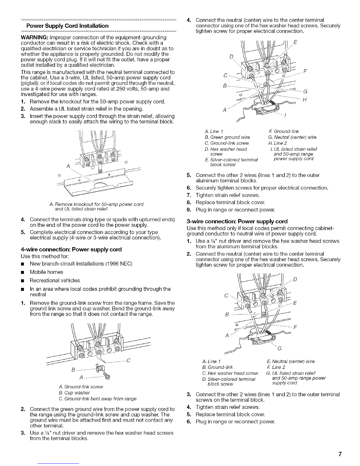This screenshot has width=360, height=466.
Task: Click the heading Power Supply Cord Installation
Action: pyautogui.click(x=67, y=26)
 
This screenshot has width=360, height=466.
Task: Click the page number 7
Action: pyautogui.click(x=340, y=454)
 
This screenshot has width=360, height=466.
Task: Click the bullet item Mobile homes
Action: pyautogui.click(x=46, y=272)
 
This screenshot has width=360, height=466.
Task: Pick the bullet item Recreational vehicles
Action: pyautogui.click(x=55, y=280)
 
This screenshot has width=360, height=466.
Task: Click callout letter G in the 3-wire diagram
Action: pyautogui.click(x=279, y=349)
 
